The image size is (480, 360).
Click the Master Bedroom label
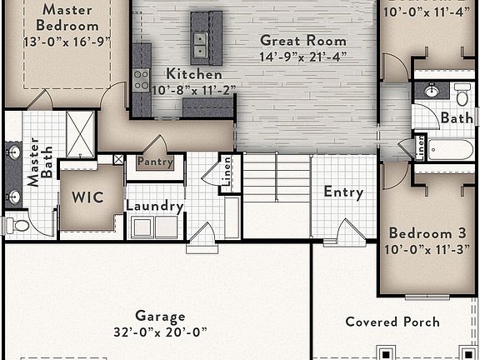[67, 17]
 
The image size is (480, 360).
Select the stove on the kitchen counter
[141, 80]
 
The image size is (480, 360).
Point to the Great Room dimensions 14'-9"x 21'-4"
[303, 57]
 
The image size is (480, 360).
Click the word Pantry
[155, 162]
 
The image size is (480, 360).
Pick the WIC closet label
[87, 198]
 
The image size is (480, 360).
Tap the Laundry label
[154, 206]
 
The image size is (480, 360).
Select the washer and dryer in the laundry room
[155, 227]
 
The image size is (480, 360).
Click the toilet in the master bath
[17, 225]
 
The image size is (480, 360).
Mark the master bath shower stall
[81, 133]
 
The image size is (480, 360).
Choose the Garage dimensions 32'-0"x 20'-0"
[159, 331]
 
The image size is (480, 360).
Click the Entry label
[343, 192]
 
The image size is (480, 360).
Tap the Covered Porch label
[392, 322]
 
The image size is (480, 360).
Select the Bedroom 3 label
[427, 232]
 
